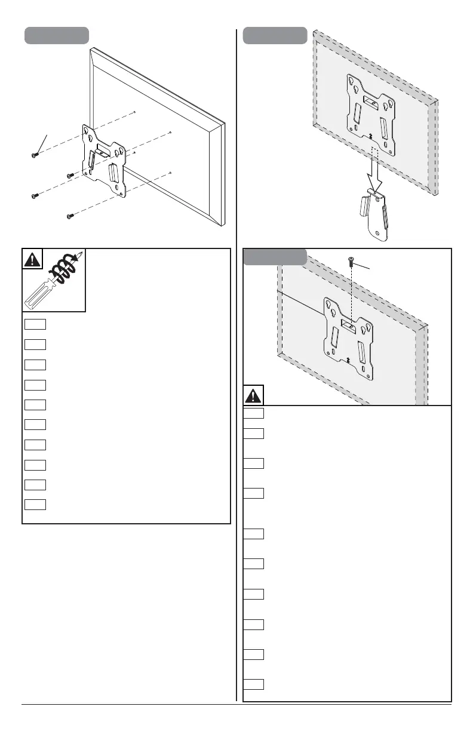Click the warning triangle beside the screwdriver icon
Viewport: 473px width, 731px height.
click(32, 259)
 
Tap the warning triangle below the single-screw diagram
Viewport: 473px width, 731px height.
click(254, 395)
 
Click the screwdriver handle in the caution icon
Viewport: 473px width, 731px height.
click(38, 293)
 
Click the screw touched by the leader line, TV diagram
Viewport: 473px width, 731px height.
click(34, 155)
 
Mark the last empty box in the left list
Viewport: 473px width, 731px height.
click(35, 503)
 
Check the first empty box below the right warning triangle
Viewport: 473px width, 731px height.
click(254, 412)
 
